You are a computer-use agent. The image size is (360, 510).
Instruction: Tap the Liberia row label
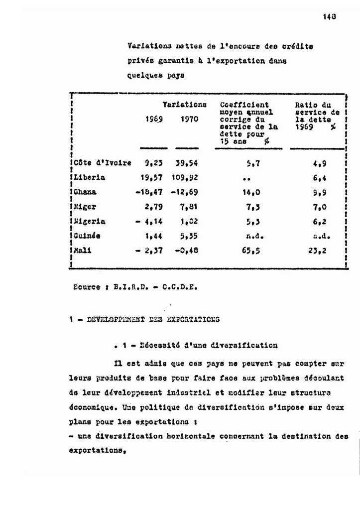pos(90,177)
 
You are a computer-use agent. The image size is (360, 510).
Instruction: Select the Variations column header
pos(184,105)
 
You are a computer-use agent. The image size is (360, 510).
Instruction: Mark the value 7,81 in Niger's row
pos(188,206)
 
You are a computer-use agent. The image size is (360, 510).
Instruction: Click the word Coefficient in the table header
pos(244,105)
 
